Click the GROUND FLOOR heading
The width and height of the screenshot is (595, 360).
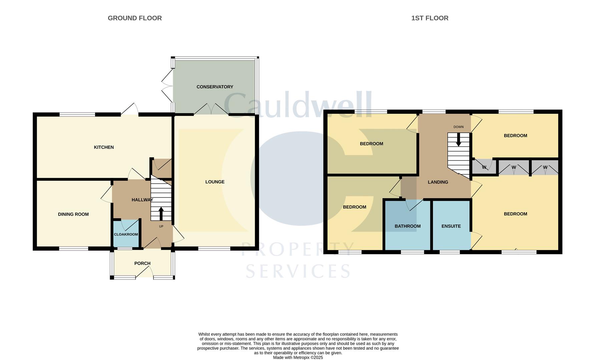[135, 18]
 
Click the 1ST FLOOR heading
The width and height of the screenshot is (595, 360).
[430, 18]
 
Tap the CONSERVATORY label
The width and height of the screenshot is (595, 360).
[215, 87]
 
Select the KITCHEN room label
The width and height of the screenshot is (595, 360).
[104, 147]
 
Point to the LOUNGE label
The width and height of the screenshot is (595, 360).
[215, 182]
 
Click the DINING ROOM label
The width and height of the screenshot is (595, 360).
[73, 214]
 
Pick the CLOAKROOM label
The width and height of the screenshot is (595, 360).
[126, 234]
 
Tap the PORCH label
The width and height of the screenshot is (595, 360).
[142, 263]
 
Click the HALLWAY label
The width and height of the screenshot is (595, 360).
[142, 200]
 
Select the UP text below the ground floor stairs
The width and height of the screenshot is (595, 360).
[161, 226]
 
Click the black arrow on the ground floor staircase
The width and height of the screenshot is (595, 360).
[161, 213]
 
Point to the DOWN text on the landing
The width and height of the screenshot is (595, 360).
[458, 127]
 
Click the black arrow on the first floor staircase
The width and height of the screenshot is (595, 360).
[458, 140]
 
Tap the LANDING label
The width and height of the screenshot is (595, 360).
[438, 182]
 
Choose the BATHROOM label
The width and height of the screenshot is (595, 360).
[408, 226]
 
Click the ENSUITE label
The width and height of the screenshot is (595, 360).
[451, 226]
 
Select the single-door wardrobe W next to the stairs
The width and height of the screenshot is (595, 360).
[484, 167]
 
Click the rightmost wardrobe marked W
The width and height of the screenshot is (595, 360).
[545, 167]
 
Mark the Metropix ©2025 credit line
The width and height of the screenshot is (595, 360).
[298, 357]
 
